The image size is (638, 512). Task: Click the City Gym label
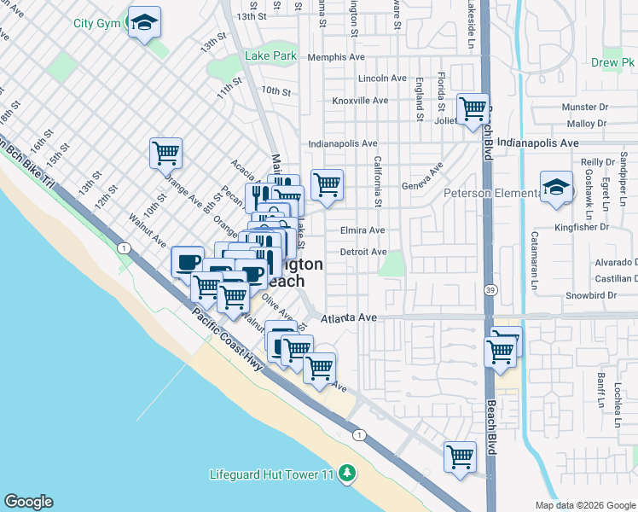pyautogui.click(x=96, y=24)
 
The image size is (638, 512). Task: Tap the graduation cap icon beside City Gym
pyautogui.click(x=144, y=22)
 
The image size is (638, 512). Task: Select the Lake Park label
pyautogui.click(x=270, y=55)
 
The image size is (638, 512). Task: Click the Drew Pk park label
pyautogui.click(x=612, y=62)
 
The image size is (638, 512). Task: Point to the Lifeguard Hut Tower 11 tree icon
pyautogui.click(x=346, y=473)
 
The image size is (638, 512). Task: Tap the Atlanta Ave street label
pyautogui.click(x=349, y=318)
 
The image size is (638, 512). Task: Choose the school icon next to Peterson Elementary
pyautogui.click(x=556, y=186)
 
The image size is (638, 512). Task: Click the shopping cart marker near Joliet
pyautogui.click(x=472, y=109)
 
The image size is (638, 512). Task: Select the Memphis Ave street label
pyautogui.click(x=336, y=57)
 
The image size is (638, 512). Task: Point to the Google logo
pyautogui.click(x=28, y=501)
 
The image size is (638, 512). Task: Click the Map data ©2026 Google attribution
pyautogui.click(x=584, y=505)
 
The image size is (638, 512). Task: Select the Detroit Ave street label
pyautogui.click(x=362, y=252)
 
